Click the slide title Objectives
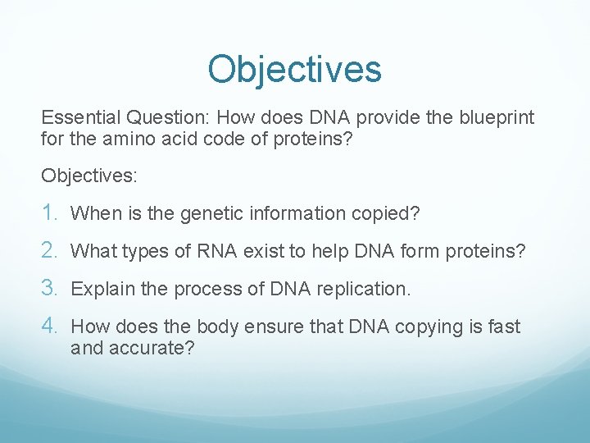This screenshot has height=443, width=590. point(294,69)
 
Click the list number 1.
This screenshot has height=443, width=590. point(50,213)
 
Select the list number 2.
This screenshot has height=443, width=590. point(50,250)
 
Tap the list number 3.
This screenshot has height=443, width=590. point(50,288)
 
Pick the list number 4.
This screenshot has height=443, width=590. point(50,326)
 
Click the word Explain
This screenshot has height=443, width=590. point(100,289)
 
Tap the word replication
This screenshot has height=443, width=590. point(367,289)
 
